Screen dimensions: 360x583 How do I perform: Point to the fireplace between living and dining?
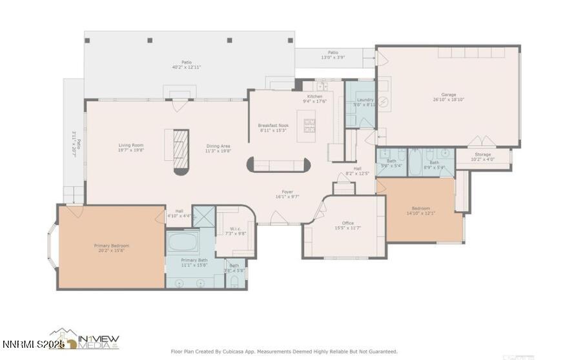coord(181,151)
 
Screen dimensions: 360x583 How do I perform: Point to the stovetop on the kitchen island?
coord(309,126)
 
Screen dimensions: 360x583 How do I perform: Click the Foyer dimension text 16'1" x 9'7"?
coord(287,197)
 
